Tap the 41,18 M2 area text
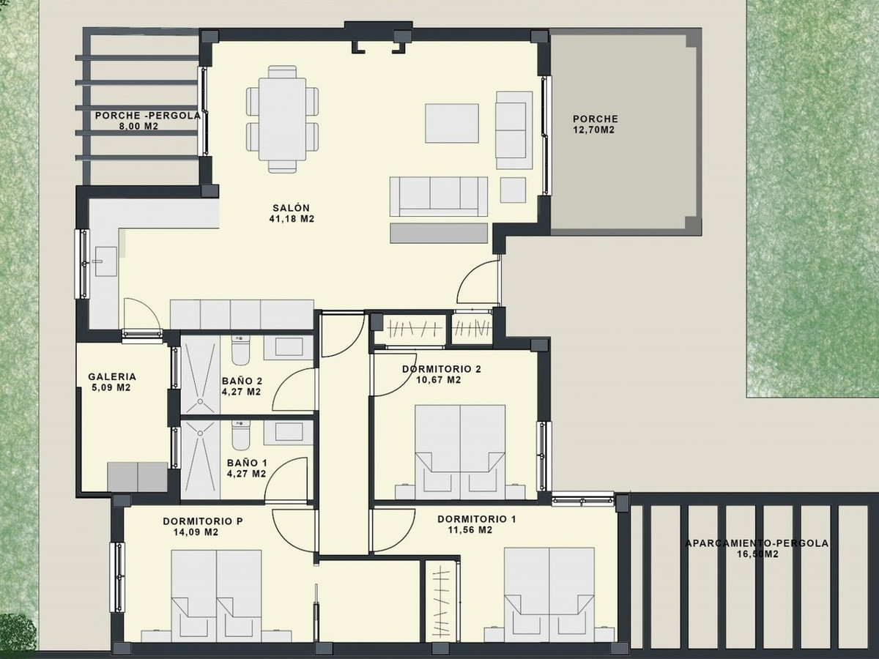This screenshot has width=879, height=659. click(292, 219)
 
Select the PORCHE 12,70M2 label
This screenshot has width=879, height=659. click(595, 124)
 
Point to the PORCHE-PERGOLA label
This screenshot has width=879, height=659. click(147, 116)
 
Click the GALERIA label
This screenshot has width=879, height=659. click(112, 376)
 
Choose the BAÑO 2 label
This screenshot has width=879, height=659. click(242, 381)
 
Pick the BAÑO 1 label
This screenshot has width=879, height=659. click(247, 463)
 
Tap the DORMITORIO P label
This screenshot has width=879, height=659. click(203, 521)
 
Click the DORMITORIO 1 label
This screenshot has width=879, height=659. click(477, 519)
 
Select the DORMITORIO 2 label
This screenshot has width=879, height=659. click(442, 369)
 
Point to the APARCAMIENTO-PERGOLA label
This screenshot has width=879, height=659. click(757, 543)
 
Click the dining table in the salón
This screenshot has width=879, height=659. click(282, 119)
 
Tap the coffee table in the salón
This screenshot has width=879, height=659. click(452, 123)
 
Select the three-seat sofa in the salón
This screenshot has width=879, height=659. click(439, 196)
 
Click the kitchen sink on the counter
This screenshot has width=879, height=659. click(106, 261)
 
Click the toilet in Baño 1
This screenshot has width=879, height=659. click(240, 435)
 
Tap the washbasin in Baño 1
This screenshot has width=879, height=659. click(289, 432)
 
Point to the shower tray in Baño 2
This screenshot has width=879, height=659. click(200, 374)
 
